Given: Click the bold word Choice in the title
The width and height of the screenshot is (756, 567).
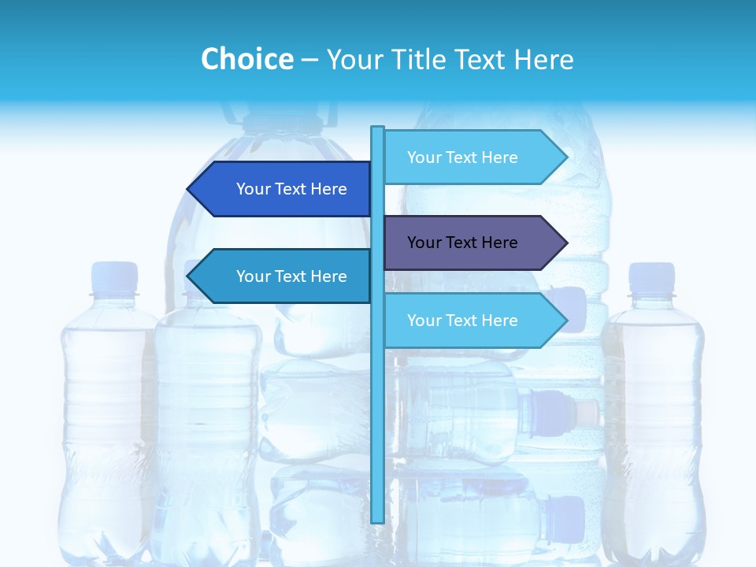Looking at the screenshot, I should (246, 60).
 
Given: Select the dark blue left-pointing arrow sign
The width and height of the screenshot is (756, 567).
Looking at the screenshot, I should (283, 189).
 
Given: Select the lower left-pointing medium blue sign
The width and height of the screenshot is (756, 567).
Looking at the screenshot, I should (283, 276).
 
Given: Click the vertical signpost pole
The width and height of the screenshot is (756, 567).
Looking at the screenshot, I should (377, 394).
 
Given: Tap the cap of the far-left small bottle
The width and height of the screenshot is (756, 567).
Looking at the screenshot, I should (115, 278).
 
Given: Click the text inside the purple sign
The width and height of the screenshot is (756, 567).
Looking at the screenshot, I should (462, 243).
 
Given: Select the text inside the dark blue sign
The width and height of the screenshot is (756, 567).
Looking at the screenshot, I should (291, 189).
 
